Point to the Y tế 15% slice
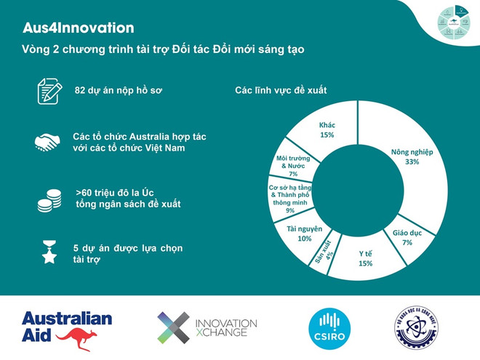(x=365, y=257)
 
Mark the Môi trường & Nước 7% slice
(x=293, y=166)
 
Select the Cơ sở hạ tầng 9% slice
(x=287, y=198)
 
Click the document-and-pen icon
(x=49, y=92)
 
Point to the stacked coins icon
(x=49, y=199)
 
